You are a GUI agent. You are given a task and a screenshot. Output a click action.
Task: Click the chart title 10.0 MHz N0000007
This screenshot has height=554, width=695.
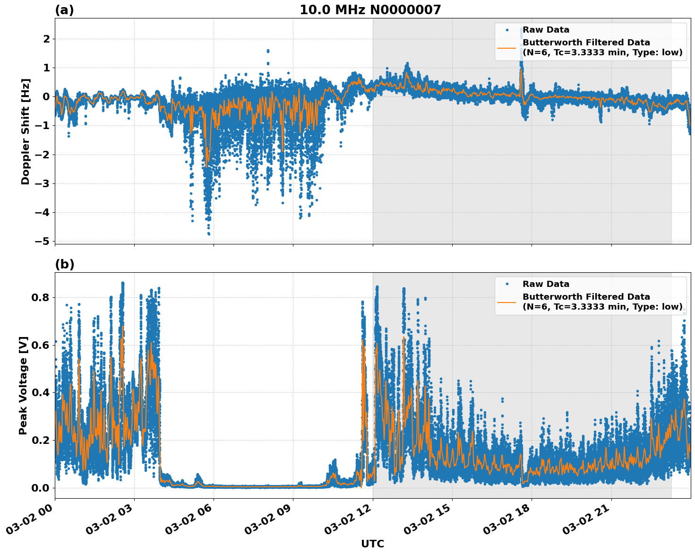tap(370, 10)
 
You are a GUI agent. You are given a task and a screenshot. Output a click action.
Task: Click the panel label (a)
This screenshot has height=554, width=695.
tap(64, 10)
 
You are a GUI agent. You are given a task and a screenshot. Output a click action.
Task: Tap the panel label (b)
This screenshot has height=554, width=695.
tap(64, 264)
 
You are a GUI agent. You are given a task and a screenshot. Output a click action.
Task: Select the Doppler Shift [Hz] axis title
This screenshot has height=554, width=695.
tap(26, 131)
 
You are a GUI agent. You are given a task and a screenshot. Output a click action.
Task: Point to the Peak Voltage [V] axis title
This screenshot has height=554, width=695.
tap(23, 385)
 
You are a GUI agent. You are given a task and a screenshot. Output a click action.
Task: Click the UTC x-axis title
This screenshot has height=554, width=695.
tap(372, 544)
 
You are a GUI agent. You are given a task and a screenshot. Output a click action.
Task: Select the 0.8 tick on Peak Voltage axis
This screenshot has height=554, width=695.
tap(41, 298)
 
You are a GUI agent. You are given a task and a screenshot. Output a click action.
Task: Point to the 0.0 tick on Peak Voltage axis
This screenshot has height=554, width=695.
tap(41, 488)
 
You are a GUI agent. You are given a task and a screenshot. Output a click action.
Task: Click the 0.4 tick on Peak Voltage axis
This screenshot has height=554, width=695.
tap(41, 393)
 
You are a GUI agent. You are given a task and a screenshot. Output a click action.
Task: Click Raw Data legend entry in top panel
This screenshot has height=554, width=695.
tap(546, 30)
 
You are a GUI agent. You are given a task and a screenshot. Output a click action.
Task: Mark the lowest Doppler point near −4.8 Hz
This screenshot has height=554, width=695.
tap(208, 234)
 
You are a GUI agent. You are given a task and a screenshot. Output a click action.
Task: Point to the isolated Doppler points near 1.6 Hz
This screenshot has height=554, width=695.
tap(268, 51)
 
